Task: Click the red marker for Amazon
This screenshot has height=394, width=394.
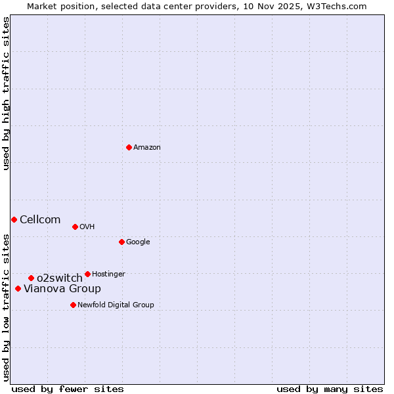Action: coord(129,147)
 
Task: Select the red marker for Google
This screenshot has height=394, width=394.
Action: coord(121,242)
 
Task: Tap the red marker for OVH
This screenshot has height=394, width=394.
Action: coord(75,227)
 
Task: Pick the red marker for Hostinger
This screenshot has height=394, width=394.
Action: coord(87,274)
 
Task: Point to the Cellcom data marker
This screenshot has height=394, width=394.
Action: coord(14,219)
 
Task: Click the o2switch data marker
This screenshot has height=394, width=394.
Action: coord(31,278)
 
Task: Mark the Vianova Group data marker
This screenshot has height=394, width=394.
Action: coord(18,288)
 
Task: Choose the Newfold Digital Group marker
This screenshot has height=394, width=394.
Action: coord(73,305)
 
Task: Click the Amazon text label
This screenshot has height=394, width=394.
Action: coord(147,148)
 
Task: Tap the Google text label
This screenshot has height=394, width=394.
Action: coord(138,242)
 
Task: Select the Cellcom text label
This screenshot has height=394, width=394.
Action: coord(40,220)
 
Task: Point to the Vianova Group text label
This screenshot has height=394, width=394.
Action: coord(62,289)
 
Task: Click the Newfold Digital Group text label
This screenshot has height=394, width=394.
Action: coord(116,305)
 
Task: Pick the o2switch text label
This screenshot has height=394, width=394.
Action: coord(60,278)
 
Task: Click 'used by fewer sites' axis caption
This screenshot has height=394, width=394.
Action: coord(68,389)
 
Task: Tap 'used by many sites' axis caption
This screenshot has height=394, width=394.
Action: coord(330,389)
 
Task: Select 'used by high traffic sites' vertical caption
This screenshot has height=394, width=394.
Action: coord(7,94)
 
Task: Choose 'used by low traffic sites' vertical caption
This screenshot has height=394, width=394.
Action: coord(7,307)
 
